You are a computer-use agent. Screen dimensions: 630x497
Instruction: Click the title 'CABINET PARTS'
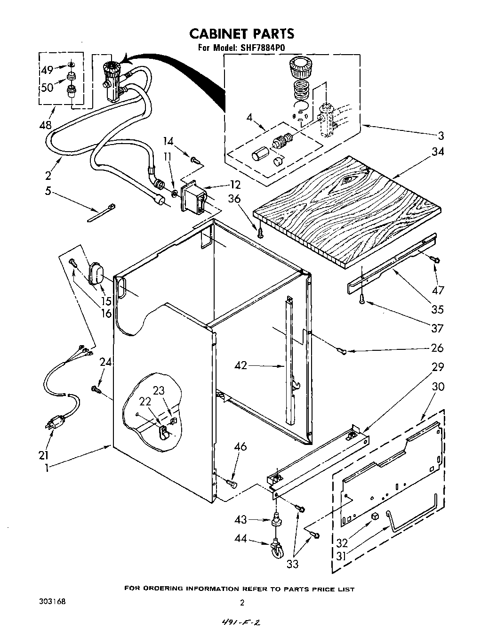(x=241, y=33)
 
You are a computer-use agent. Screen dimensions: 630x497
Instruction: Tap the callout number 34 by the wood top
(x=436, y=152)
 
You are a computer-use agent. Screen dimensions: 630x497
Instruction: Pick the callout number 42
(x=240, y=365)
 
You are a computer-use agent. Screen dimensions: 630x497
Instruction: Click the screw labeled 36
(x=260, y=231)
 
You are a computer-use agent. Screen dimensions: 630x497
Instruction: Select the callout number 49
(x=47, y=71)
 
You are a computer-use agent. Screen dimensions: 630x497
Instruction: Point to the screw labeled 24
(x=96, y=388)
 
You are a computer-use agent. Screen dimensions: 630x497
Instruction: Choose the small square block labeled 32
(x=375, y=516)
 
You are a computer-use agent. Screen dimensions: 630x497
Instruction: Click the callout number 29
(x=437, y=367)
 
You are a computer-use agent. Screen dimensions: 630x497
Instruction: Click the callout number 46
(x=240, y=446)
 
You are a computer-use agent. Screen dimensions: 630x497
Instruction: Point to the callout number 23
(x=159, y=390)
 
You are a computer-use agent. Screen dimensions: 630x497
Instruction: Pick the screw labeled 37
(x=362, y=299)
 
